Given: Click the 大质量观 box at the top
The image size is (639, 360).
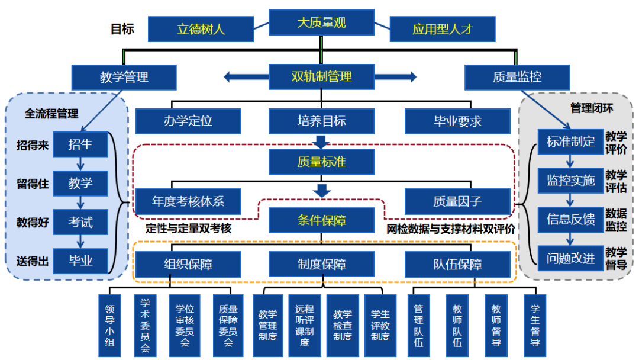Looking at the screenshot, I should pos(321,23).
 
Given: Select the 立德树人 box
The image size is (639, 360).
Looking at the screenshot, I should pos(201,28).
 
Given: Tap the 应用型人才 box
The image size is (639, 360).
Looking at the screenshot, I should pos(442,28).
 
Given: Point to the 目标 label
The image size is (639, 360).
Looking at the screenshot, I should pos(122,28).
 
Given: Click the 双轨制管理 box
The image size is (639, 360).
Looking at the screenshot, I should pos(321,76).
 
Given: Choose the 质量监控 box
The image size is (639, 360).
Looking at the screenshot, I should pos(517,77).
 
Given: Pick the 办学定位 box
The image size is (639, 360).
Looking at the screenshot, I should pos(188,121).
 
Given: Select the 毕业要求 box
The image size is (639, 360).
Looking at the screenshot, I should pos(457,121).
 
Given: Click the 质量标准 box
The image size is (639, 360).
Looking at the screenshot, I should pos(321,161).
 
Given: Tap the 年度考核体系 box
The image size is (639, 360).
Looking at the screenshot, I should pos(189,201).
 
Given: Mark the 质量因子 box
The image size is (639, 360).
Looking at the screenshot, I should pos(457,201).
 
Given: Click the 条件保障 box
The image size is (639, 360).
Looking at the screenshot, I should pos(321,220).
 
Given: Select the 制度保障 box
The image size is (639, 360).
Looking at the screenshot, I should pos(321,264).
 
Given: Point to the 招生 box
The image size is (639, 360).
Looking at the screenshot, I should pos(80,144).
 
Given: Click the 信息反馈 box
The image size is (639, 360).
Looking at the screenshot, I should pos(570,219).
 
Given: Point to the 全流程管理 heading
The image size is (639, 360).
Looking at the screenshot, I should pos(51,113).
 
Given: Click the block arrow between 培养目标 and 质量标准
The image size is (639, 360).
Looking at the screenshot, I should pos(321,142).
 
